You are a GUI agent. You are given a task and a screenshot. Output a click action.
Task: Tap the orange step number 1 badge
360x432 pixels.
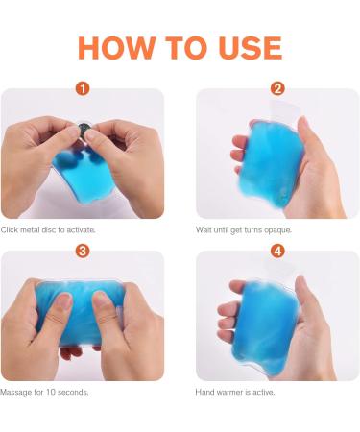[x=83, y=88]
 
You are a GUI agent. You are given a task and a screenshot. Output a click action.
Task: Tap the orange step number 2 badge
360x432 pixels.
[x=277, y=88]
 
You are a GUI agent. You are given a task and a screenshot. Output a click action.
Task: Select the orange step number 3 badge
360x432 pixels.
[x=83, y=251]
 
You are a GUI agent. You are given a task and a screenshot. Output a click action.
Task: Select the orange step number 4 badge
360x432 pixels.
[x=277, y=251]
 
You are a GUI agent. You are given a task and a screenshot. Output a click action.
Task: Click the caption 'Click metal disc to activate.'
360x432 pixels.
[x=48, y=230]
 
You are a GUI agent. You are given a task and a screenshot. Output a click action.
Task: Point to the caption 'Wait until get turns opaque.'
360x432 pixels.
[x=244, y=230]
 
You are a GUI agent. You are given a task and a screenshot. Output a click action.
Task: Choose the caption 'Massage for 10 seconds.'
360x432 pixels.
[x=43, y=393]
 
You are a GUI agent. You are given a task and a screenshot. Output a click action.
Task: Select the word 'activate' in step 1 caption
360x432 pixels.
[x=81, y=230]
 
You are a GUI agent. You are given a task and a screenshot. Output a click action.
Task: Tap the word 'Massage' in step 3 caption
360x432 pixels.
[x=17, y=393]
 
